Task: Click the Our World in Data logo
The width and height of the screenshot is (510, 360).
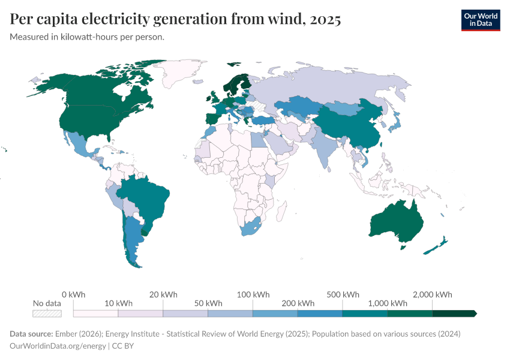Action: [x=480, y=20]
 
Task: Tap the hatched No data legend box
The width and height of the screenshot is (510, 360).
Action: [x=47, y=313]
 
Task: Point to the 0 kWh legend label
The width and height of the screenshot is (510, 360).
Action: [x=74, y=295]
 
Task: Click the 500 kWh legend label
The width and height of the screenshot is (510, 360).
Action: [x=343, y=295]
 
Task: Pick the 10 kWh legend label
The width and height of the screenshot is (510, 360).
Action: [x=118, y=303]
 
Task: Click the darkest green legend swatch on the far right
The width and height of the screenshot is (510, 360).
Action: [x=454, y=313]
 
